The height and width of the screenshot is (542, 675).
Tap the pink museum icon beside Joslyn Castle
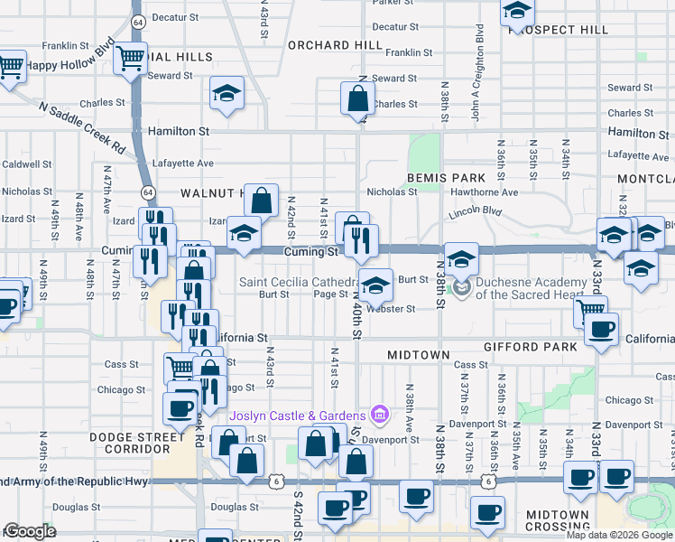point(380,415)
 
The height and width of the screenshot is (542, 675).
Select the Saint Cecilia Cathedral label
point(298,282)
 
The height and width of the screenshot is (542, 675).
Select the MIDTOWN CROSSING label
point(558,520)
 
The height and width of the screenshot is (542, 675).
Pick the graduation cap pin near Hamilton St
point(227,92)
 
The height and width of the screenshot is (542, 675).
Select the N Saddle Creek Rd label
point(81,125)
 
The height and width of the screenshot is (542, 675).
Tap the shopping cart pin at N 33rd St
point(590,311)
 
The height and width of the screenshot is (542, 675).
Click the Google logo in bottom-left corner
point(30,531)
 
